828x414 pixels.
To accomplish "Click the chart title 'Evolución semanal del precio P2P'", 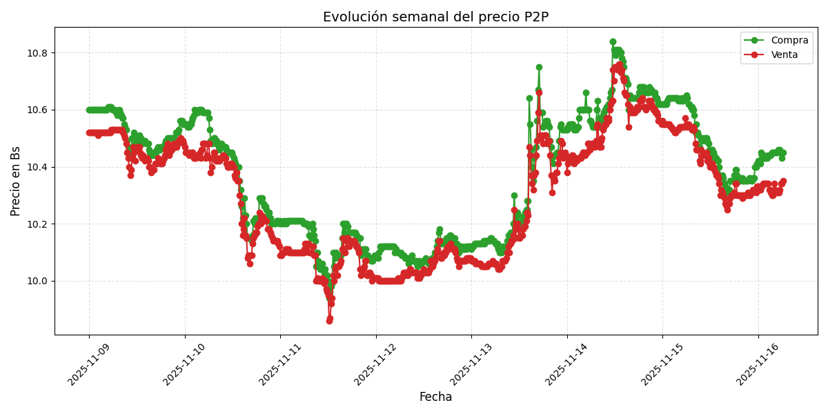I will click(435, 17).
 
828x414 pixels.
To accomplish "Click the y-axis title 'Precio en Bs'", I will click(15, 181).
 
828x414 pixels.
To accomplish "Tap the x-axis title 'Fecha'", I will click(435, 397).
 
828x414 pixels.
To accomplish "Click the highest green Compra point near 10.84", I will click(613, 42).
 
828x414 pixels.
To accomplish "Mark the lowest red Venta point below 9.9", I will click(329, 321).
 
